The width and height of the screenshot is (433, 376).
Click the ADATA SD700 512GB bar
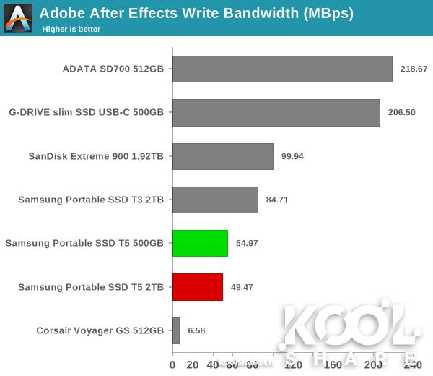tap(282, 69)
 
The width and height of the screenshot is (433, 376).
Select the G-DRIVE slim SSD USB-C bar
tap(276, 113)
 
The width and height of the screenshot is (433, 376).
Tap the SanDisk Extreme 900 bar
tap(223, 156)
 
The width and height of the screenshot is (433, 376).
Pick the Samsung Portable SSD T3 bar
tap(215, 200)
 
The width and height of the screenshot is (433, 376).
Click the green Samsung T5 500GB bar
tap(200, 243)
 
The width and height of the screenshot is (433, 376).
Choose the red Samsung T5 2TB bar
tap(198, 287)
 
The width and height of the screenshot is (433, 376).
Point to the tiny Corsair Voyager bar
tap(176, 330)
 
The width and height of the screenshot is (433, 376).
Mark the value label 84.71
tap(277, 200)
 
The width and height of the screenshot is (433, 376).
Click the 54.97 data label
tap(247, 243)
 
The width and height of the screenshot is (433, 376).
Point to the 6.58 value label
tap(197, 330)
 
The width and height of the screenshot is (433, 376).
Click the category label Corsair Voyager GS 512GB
tap(100, 330)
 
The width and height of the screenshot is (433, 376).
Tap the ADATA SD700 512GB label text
tap(113, 69)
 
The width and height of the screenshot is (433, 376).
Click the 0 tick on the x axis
tap(172, 365)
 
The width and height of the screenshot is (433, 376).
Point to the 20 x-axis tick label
tap(193, 365)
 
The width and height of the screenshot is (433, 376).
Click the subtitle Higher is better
tap(71, 29)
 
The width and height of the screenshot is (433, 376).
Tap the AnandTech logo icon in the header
tap(18, 17)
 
